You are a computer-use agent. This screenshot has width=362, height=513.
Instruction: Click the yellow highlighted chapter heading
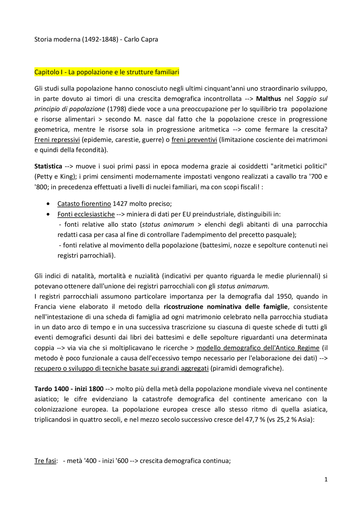[107, 72]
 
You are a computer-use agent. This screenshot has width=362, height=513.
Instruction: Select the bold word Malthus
[268, 99]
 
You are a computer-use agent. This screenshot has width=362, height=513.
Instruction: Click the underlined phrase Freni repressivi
[57, 140]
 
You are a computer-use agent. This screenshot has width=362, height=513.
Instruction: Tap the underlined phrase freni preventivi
[194, 140]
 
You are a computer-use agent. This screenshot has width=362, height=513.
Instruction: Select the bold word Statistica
[48, 166]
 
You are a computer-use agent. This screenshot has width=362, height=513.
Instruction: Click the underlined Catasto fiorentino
[84, 204]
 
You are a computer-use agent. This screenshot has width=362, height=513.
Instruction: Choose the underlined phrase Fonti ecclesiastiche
[86, 214]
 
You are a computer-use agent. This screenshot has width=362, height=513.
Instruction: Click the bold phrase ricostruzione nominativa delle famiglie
[226, 307]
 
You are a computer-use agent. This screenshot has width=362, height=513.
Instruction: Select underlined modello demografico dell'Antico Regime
[258, 348]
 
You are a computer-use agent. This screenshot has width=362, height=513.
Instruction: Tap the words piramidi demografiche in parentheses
[247, 369]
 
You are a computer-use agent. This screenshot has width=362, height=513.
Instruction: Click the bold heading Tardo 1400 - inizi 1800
[69, 389]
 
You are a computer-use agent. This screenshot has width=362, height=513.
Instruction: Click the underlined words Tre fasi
[45, 461]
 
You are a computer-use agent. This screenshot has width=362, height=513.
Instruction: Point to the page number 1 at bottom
[326, 480]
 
